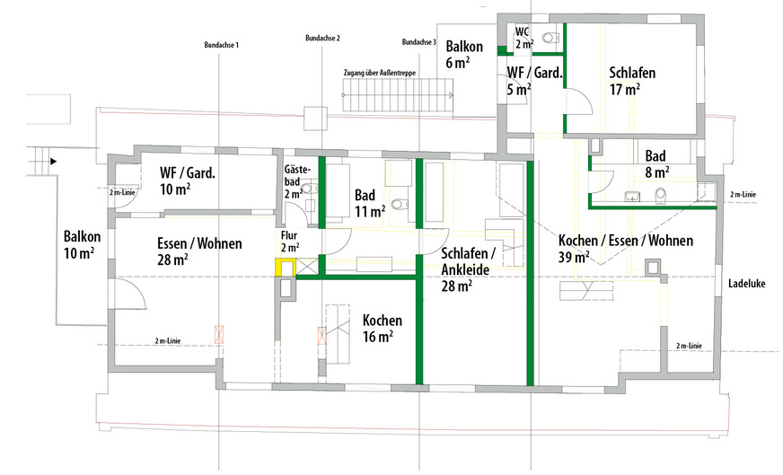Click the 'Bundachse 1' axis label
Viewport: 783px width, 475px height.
221,45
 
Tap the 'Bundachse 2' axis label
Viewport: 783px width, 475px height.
322,38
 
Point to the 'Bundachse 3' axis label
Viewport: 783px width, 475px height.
419,42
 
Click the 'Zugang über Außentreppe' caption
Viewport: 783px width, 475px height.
380,73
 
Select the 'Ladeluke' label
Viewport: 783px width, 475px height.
746,284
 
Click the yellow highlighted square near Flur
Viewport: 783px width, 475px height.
286,268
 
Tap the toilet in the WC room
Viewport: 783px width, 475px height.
550,37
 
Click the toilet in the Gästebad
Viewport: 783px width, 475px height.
308,189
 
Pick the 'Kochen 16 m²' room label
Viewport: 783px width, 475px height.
382,328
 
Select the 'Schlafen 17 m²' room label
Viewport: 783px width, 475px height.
631,81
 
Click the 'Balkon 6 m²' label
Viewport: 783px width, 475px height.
464,54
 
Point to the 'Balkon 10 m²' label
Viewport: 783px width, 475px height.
82,245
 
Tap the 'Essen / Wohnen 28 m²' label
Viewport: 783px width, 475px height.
199,251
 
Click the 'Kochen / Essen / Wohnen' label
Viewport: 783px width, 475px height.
626,241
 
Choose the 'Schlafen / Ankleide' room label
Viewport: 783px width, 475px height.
468,261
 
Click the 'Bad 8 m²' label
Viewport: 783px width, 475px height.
655,163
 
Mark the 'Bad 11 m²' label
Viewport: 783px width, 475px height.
370,203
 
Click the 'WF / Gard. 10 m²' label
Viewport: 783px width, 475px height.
188,180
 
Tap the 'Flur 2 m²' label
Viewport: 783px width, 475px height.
290,241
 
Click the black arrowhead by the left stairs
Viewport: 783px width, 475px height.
54,162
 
